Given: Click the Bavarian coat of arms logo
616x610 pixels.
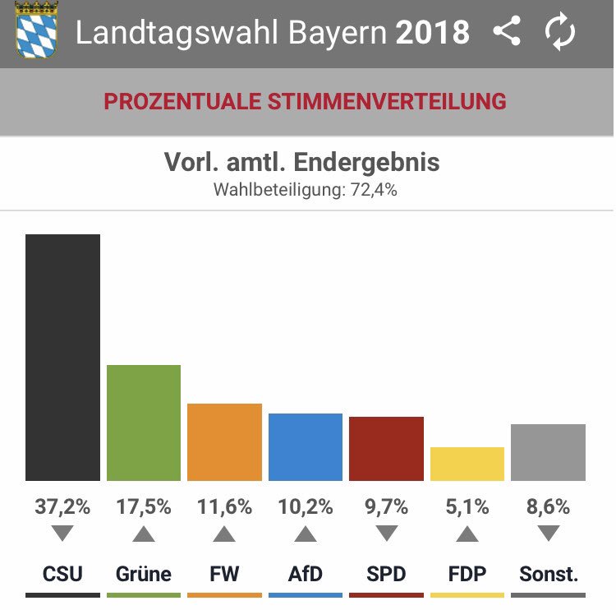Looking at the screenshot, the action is tap(36, 30).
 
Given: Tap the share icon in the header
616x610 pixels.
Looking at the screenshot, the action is tap(508, 30).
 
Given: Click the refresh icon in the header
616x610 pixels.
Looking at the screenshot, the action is tap(560, 31).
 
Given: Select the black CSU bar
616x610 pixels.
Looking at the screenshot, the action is tap(63, 358).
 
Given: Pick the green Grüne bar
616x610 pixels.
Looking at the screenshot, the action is tap(144, 423).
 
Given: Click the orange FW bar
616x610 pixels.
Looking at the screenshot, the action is tap(225, 442).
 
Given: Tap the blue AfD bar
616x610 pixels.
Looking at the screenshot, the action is tap(306, 446).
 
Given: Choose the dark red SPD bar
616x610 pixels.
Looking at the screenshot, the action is tap(387, 449).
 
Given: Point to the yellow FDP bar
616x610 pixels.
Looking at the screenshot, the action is tap(467, 464).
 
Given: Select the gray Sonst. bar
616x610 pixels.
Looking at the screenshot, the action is tap(549, 452).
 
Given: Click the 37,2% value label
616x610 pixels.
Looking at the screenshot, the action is tap(63, 506).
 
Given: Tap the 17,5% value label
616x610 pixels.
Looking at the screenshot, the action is tap(144, 506).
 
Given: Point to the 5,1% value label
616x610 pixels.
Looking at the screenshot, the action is tap(467, 506).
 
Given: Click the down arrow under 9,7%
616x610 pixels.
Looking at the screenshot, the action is tap(387, 533).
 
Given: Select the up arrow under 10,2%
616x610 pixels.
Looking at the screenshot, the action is tap(306, 534).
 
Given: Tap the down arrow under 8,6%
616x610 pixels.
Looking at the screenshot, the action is tap(549, 533).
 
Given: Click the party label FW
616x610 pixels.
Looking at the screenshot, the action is tap(225, 574).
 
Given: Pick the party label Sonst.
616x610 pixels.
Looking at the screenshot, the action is tap(549, 574).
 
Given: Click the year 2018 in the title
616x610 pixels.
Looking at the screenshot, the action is tap(433, 32).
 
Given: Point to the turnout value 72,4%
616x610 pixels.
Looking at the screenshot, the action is tap(374, 190).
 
